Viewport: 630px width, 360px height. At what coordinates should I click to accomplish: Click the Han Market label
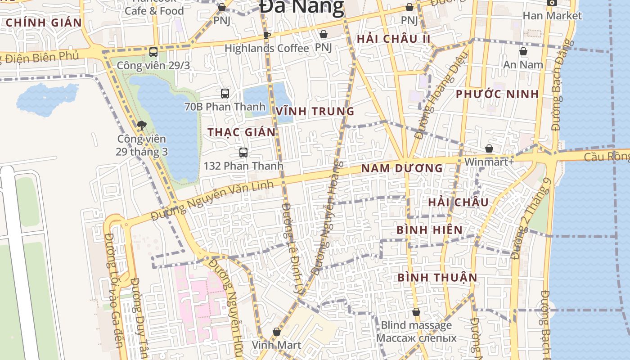552,16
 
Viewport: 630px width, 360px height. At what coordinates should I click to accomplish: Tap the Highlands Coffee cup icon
266,35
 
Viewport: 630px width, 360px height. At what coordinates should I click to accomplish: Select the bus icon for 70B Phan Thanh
225,93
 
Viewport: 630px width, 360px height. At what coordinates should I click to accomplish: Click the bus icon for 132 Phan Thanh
243,152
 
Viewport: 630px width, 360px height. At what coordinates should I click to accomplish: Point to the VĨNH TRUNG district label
315,111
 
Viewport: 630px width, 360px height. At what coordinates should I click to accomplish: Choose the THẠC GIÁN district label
241,132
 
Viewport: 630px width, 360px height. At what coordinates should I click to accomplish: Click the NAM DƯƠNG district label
402,168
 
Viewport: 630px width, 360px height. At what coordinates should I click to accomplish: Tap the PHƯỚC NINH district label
497,94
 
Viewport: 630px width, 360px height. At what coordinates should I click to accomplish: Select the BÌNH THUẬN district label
437,277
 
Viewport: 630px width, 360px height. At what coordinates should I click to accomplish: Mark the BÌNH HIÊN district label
429,230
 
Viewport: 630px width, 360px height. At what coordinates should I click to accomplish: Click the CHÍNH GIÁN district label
44,22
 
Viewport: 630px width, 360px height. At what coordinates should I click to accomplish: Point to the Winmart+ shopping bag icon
489,148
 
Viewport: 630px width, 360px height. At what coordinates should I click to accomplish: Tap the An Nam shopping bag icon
523,51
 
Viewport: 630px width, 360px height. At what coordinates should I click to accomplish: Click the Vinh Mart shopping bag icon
276,332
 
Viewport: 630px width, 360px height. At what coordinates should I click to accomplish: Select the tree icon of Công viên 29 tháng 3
142,125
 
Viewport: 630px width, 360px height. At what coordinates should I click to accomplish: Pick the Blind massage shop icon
416,311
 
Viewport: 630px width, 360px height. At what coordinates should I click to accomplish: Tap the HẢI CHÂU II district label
394,39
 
